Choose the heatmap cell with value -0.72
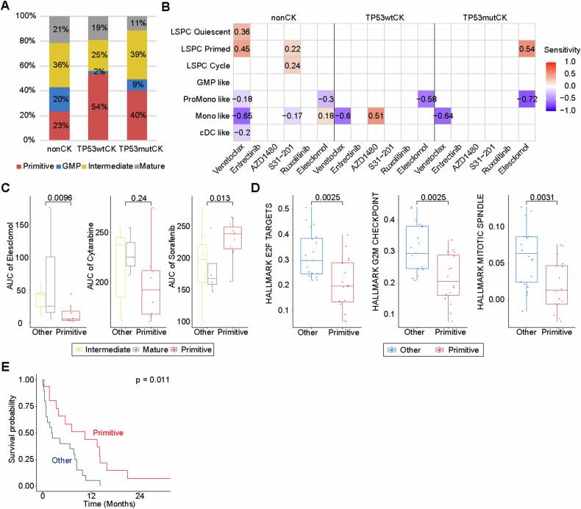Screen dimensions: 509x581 click(x=524, y=118)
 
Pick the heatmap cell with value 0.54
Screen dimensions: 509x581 click(x=524, y=49)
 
